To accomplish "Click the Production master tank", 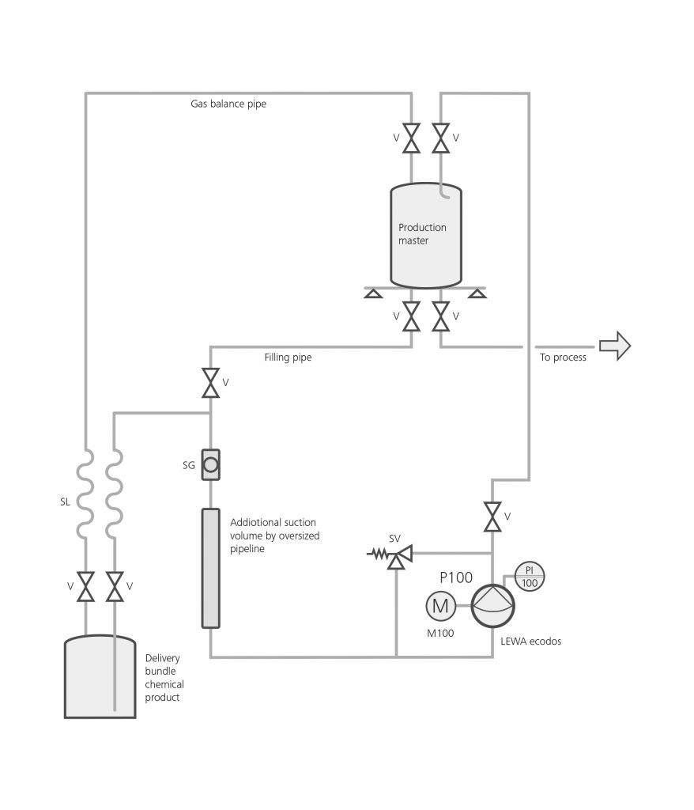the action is [x=426, y=235].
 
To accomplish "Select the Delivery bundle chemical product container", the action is [x=100, y=677].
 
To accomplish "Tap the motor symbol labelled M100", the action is [x=440, y=605].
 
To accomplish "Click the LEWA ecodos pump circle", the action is [x=493, y=606].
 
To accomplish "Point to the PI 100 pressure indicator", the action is [x=530, y=576].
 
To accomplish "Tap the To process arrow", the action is [x=615, y=346].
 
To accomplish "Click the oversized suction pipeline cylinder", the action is [x=211, y=568].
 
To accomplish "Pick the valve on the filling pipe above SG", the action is [x=211, y=383].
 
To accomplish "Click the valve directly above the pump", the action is [x=492, y=517].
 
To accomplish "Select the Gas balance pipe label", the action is [x=228, y=104].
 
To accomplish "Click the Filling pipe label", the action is [x=288, y=357].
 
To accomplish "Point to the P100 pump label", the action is [x=456, y=577].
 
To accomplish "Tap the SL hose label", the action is [x=65, y=502].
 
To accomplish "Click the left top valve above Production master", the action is [x=412, y=138].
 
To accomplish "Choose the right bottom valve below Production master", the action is [x=440, y=316].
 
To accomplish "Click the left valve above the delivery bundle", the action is [x=85, y=586].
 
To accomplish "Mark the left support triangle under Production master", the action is [x=373, y=293].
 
